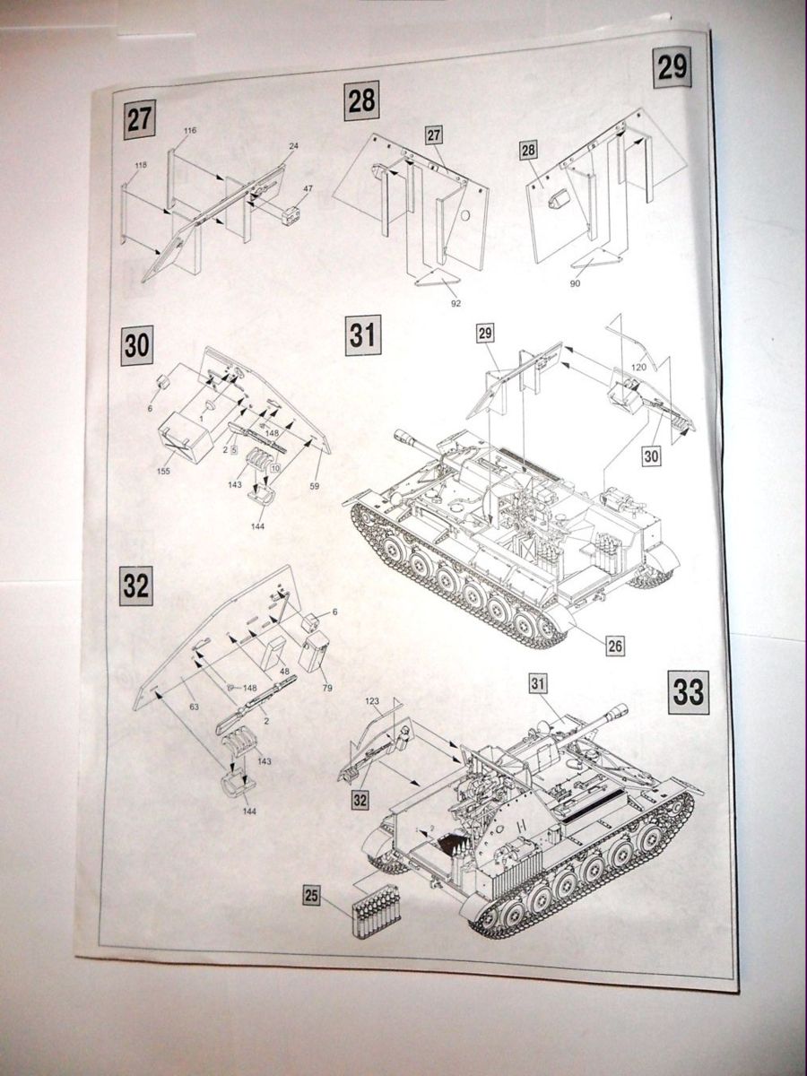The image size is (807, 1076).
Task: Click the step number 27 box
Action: [139, 120]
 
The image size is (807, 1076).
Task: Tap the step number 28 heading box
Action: [361, 101]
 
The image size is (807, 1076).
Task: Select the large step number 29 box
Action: [672, 68]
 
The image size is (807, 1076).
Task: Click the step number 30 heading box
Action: [136, 345]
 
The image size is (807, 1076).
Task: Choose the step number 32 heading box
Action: [136, 587]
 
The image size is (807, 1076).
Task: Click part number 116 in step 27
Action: [189, 131]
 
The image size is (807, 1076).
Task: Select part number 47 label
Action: [308, 189]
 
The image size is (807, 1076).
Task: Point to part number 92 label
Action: [456, 303]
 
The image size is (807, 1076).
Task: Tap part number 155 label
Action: [165, 469]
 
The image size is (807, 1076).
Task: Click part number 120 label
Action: [638, 368]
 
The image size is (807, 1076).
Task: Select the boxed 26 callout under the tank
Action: [614, 645]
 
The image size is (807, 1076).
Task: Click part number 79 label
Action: [327, 688]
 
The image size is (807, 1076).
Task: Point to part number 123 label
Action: [375, 700]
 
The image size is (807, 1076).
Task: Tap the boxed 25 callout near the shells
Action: [311, 894]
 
